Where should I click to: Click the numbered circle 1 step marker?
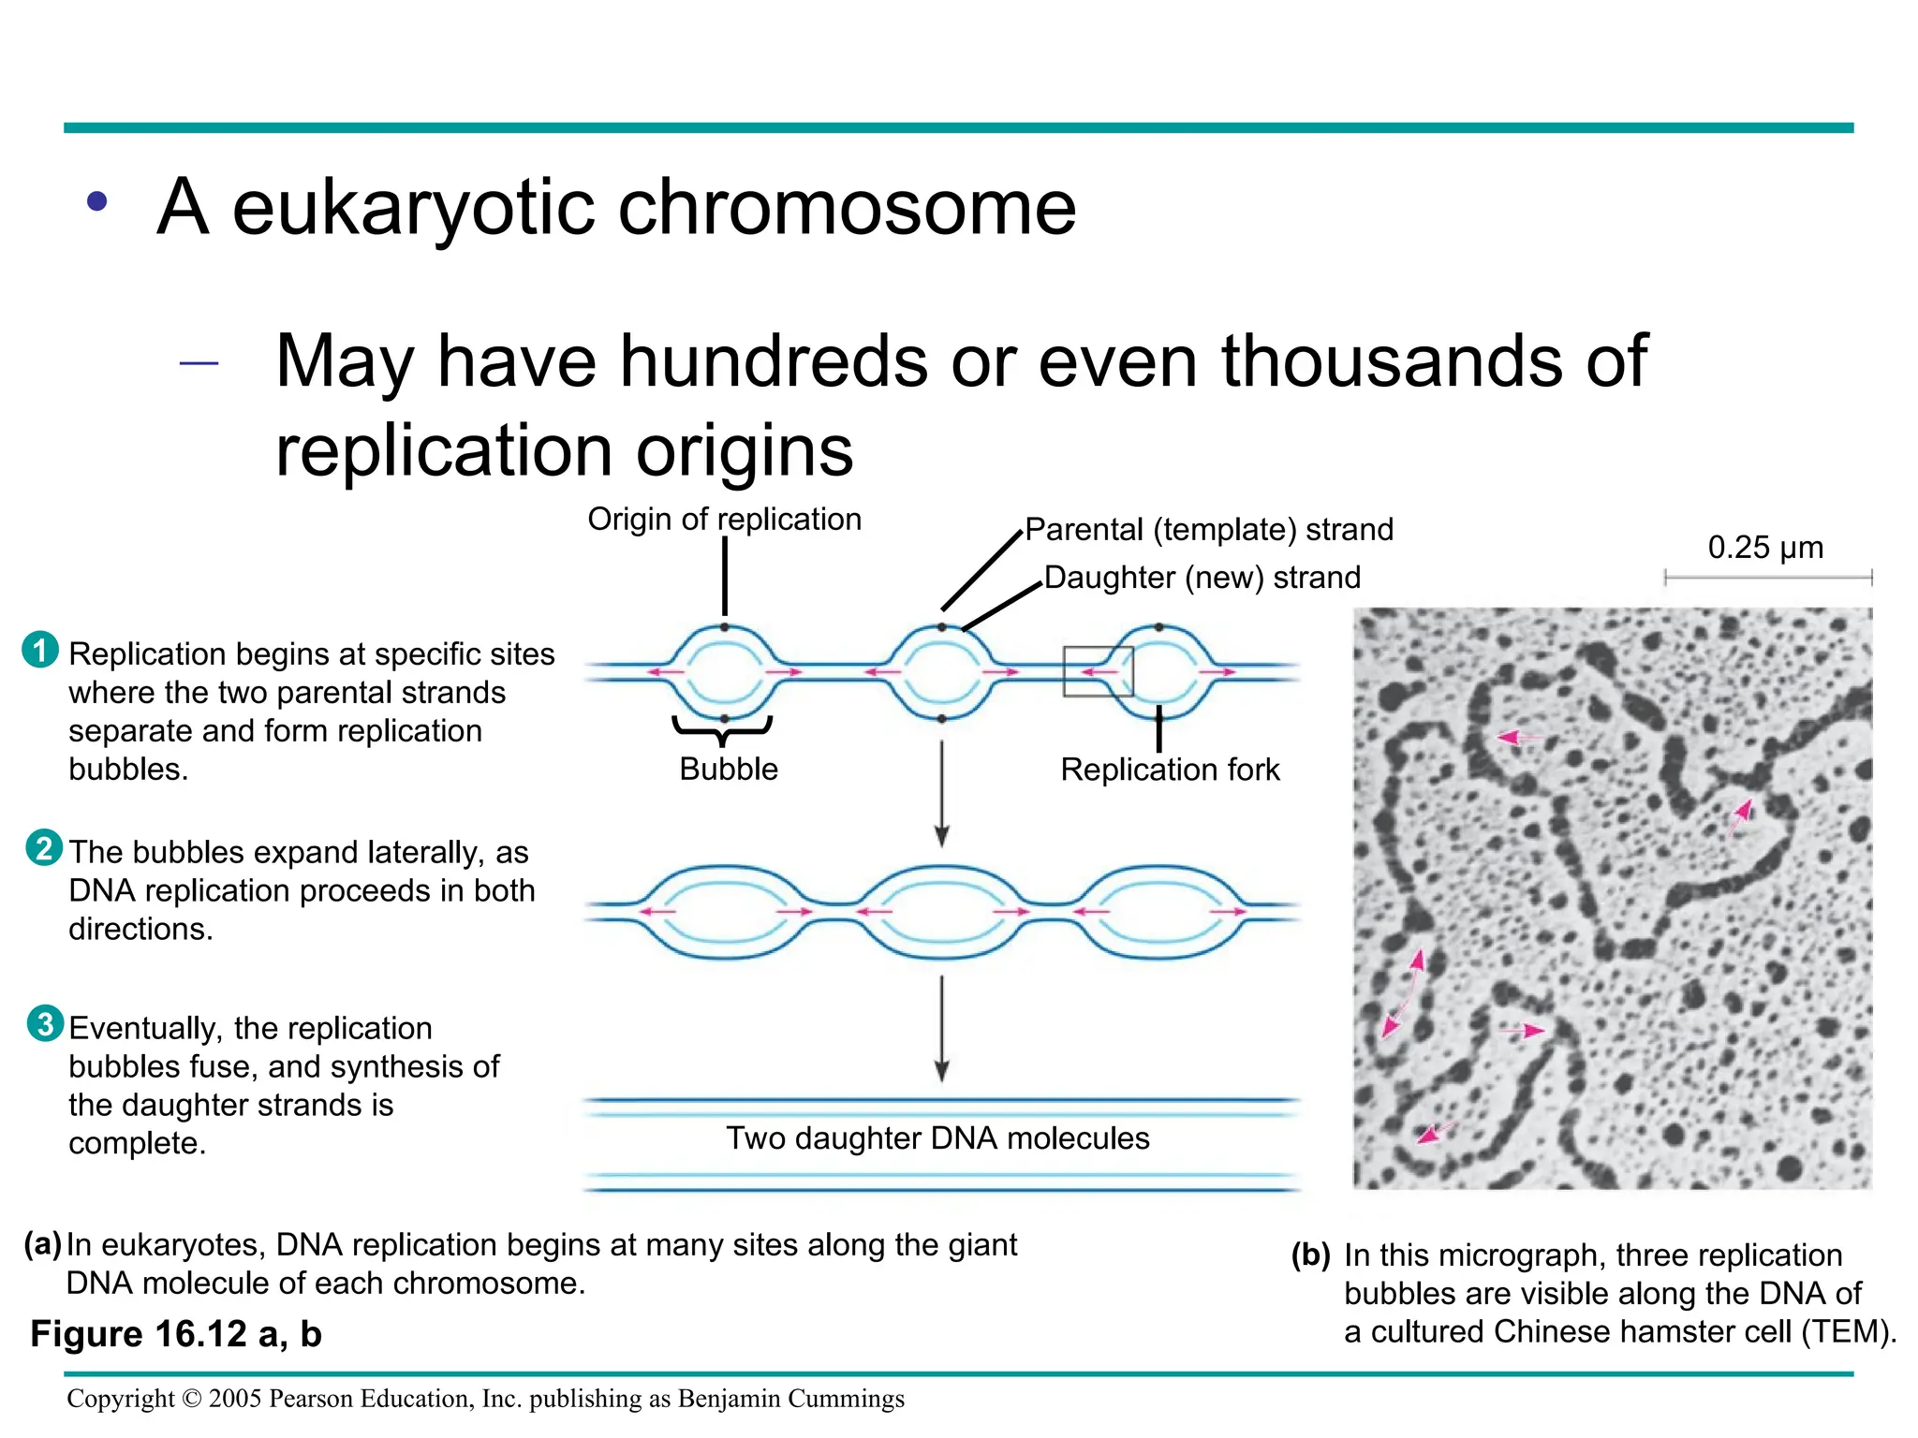pyautogui.click(x=39, y=651)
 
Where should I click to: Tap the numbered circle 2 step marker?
pyautogui.click(x=44, y=848)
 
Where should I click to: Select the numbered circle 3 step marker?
pyautogui.click(x=45, y=1024)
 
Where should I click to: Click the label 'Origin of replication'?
pyautogui.click(x=724, y=520)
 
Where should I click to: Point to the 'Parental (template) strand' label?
pyautogui.click(x=1208, y=530)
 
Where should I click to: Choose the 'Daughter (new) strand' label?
pyautogui.click(x=1202, y=578)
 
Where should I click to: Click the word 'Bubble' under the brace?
pyautogui.click(x=729, y=770)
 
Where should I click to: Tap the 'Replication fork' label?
pyautogui.click(x=1170, y=770)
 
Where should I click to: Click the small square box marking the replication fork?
pyautogui.click(x=1098, y=671)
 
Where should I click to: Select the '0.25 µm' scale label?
pyautogui.click(x=1765, y=548)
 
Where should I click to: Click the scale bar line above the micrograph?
pyautogui.click(x=1767, y=579)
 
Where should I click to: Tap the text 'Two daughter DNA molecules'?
pyautogui.click(x=937, y=1138)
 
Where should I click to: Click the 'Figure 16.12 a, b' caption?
pyautogui.click(x=176, y=1334)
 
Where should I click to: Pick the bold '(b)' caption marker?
pyautogui.click(x=1310, y=1255)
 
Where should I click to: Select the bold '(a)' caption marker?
pyautogui.click(x=42, y=1244)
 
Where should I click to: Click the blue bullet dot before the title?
pyautogui.click(x=97, y=201)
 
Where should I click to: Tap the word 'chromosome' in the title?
pyautogui.click(x=847, y=208)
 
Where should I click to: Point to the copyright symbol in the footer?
pyautogui.click(x=191, y=1400)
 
